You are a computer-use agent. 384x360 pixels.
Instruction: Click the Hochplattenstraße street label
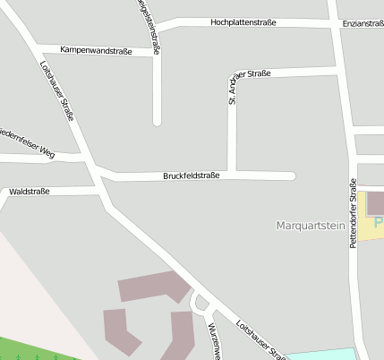coord(243,21)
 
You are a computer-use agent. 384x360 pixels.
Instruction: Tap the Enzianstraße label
coord(363,22)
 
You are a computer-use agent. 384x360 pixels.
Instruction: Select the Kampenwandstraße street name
coord(96,51)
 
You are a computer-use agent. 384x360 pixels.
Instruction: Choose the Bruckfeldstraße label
coord(191,176)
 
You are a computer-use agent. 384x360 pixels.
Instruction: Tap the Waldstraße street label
coord(29,192)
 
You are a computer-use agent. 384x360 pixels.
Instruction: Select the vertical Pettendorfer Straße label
coord(353,219)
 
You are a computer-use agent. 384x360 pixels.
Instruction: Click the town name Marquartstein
coord(311,227)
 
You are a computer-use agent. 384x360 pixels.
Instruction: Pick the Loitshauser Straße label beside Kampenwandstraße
coord(56,90)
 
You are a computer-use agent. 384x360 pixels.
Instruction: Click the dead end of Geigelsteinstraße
coord(157,121)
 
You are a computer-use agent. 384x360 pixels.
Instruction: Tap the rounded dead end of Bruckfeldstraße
coord(291,176)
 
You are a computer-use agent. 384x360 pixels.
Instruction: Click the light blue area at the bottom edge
coord(322,354)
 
